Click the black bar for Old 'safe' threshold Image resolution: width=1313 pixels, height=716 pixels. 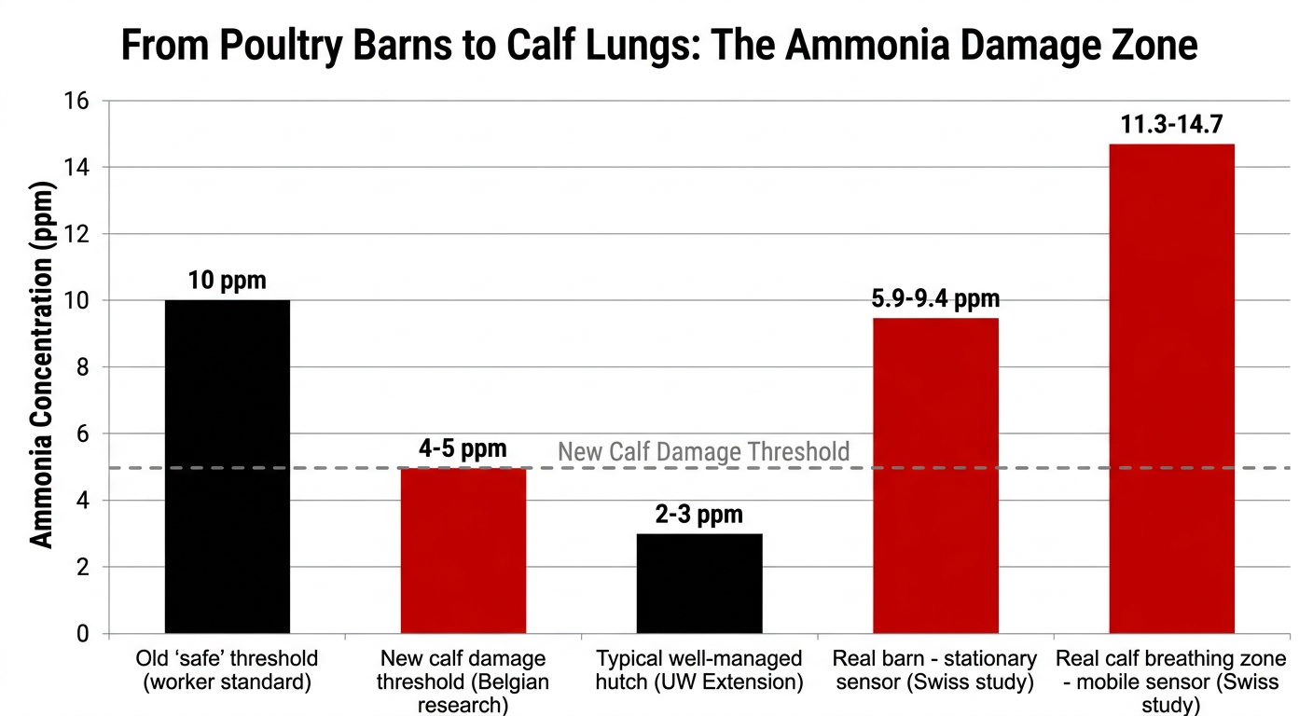tap(228, 466)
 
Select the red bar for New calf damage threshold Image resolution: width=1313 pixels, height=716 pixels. tap(463, 550)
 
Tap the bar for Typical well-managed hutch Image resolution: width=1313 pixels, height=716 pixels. tap(699, 584)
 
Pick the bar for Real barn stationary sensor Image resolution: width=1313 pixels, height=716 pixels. tap(935, 475)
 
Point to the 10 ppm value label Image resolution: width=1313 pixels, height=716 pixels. tap(227, 281)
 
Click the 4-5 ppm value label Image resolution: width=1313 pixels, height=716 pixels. tap(463, 447)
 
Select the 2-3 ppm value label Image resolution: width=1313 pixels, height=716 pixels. tap(699, 515)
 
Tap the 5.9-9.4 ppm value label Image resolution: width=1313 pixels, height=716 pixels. tap(934, 299)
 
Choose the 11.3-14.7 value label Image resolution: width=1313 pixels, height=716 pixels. tap(1171, 125)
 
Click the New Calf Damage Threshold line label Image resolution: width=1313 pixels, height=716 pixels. tap(704, 452)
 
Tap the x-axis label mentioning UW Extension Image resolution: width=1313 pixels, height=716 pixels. tap(699, 670)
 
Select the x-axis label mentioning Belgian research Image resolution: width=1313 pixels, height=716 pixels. tap(463, 682)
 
